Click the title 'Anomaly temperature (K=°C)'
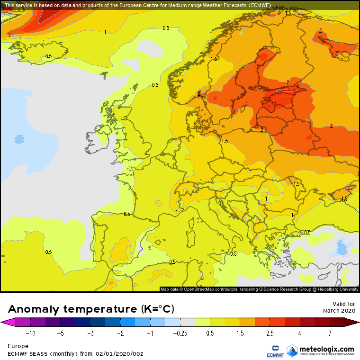(91, 309)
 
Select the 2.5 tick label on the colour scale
(270, 333)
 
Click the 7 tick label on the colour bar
(329, 333)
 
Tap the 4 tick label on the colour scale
(299, 333)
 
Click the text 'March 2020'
(339, 310)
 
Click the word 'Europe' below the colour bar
(18, 346)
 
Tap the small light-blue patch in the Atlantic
(19, 139)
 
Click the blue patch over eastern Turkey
(341, 248)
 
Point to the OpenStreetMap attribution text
(260, 289)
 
